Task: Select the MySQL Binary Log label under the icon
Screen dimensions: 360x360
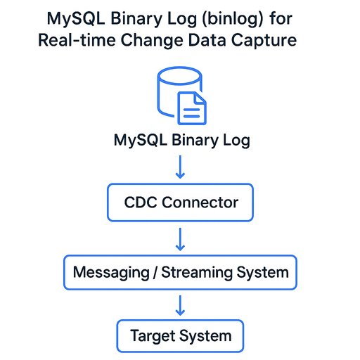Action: (x=181, y=140)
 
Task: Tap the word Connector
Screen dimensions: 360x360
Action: (x=200, y=202)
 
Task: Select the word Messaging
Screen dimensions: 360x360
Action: (x=110, y=271)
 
